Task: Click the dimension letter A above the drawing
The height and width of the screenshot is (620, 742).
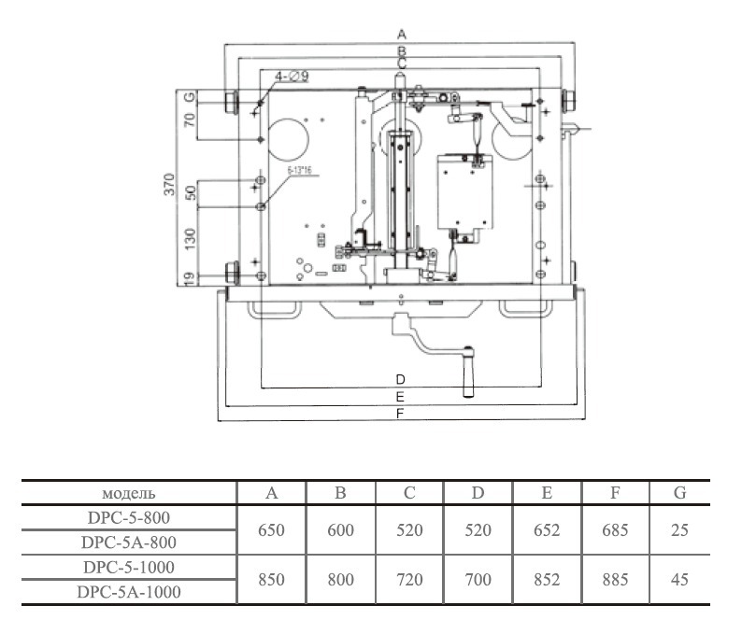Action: [401, 35]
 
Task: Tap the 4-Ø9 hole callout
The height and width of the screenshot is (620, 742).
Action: [292, 77]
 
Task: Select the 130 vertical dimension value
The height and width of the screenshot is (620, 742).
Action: [190, 238]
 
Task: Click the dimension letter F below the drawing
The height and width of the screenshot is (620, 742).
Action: [400, 413]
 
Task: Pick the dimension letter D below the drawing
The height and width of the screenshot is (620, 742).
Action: [400, 379]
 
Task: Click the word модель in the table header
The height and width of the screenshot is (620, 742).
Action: [128, 493]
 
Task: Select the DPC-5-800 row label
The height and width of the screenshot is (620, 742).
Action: [128, 517]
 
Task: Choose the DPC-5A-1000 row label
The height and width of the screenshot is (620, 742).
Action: [128, 591]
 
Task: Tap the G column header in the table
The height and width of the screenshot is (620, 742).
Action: [679, 493]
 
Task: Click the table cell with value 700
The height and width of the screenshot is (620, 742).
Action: [478, 579]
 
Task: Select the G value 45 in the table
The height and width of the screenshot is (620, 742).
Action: [679, 579]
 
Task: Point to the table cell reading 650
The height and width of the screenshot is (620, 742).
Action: [271, 529]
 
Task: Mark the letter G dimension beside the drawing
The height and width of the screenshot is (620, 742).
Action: [190, 97]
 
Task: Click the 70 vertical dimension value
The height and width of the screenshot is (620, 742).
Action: [190, 120]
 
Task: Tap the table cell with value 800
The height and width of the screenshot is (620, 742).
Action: [341, 579]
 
